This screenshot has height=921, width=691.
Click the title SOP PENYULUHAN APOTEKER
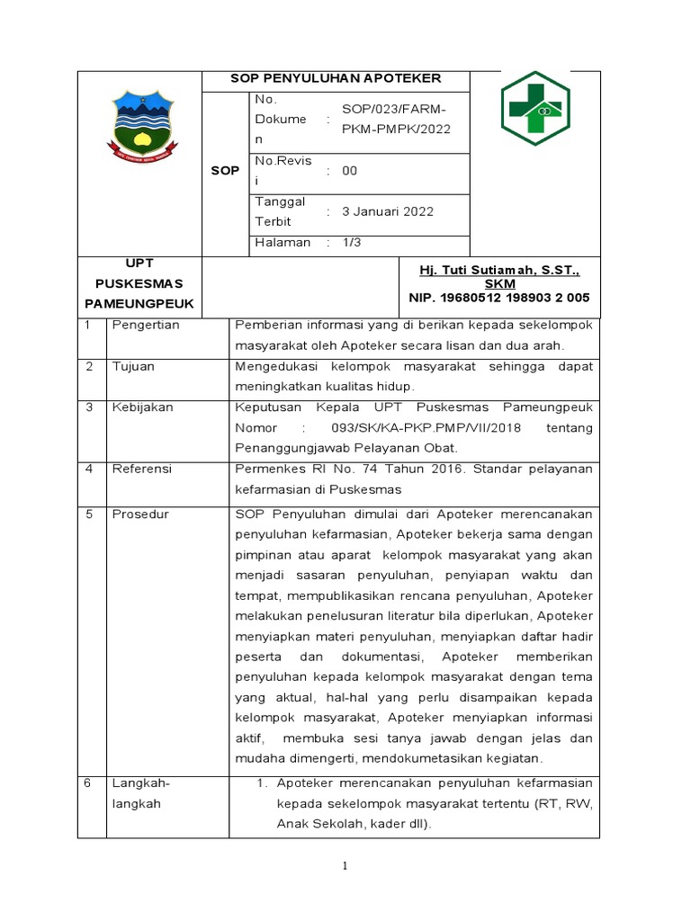click(336, 78)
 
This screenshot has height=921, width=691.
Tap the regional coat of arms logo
click(139, 127)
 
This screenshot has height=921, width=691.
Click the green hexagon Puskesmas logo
click(535, 109)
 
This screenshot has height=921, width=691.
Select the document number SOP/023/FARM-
click(393, 109)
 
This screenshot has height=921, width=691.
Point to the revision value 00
click(350, 171)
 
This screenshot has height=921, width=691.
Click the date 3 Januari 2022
click(387, 211)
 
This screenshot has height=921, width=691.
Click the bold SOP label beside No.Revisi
click(225, 170)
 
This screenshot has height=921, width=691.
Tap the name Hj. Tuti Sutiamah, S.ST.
click(499, 270)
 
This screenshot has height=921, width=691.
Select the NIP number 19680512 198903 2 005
click(499, 297)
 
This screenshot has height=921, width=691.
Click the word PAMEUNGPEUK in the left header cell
click(139, 303)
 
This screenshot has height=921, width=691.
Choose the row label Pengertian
click(145, 325)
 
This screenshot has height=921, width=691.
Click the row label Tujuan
click(132, 366)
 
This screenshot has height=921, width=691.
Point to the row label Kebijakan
click(142, 407)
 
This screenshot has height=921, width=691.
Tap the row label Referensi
click(141, 469)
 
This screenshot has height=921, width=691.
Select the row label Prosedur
click(140, 514)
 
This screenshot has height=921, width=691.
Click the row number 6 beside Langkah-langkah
click(88, 782)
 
